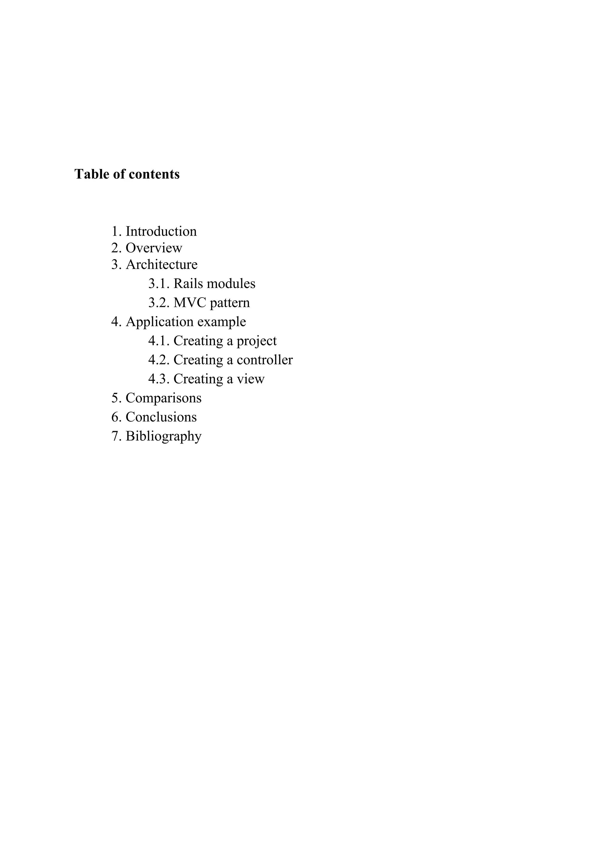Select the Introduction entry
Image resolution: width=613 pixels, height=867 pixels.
coord(161,231)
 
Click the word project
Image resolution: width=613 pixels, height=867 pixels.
coord(257,341)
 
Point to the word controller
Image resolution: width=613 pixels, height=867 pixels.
coord(265,360)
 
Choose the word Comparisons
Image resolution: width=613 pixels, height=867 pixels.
coord(163,398)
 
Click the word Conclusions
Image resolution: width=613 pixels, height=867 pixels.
coord(161,417)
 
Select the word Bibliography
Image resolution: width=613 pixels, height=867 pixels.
coord(163,436)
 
